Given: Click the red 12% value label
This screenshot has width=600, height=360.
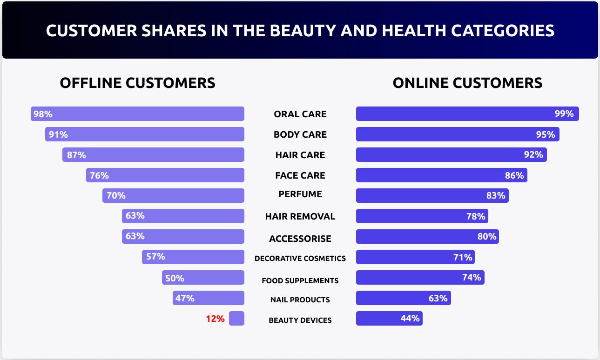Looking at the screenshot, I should (x=216, y=319).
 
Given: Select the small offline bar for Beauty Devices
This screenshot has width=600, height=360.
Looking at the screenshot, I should (x=236, y=319).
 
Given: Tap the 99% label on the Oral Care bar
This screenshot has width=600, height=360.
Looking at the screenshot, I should (x=564, y=114).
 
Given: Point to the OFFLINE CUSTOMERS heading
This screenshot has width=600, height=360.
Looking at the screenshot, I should (x=137, y=83).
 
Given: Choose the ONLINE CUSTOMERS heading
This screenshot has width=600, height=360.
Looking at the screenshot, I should (x=467, y=83).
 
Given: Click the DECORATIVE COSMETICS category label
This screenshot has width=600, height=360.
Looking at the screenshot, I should (x=300, y=258).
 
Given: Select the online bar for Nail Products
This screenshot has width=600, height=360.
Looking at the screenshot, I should (x=403, y=298).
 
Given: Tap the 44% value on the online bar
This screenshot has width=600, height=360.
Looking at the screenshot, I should (x=410, y=319).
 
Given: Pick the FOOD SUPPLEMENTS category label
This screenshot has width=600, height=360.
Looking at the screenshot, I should (x=300, y=280).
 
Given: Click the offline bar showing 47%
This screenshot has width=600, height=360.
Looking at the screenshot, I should (x=208, y=298).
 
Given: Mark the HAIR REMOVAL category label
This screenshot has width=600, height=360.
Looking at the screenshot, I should (x=300, y=216).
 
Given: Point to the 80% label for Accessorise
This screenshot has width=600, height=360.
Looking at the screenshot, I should (x=487, y=237).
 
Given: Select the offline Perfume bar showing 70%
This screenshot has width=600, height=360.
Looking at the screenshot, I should (x=173, y=196).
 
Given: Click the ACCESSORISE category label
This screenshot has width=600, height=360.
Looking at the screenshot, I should (x=300, y=239).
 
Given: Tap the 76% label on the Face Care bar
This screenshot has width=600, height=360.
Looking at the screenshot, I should (x=99, y=175).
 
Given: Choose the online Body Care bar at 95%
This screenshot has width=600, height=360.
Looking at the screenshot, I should (x=457, y=134).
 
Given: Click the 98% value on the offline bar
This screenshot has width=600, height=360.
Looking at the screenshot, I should (x=43, y=114).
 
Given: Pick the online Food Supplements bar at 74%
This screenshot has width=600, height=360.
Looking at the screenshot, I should (x=420, y=278).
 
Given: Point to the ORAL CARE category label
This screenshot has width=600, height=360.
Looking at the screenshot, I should (x=300, y=114).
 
